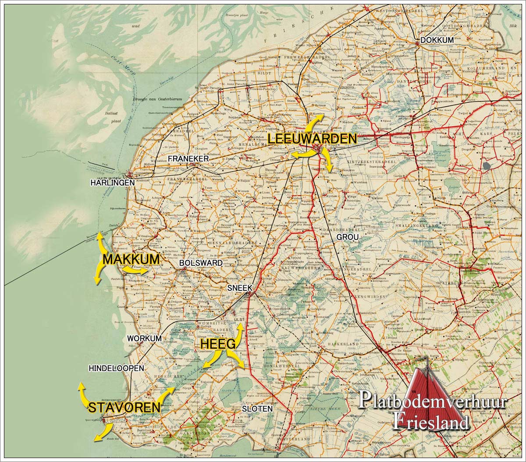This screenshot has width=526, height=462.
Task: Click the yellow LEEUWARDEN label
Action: click(x=312, y=139)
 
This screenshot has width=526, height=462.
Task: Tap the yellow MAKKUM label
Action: click(x=131, y=259)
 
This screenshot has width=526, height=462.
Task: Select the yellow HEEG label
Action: click(x=218, y=344)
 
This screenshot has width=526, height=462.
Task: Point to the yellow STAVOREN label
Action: click(x=124, y=408)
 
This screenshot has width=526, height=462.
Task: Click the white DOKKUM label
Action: click(x=437, y=40)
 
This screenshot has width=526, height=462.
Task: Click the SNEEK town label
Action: click(x=240, y=288)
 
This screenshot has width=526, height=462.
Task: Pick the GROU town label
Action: click(x=348, y=237)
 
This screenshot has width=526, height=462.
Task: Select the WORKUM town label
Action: click(x=144, y=339)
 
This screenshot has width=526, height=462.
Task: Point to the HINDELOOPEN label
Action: click(x=116, y=369)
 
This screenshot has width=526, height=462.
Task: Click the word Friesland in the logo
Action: click(x=430, y=421)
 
